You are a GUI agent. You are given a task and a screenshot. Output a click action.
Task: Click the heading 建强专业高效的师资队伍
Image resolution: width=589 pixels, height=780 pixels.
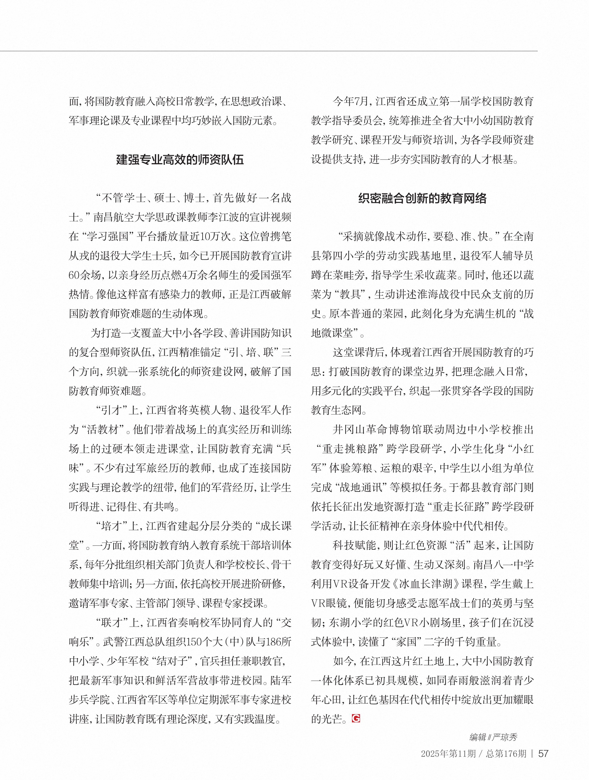180,160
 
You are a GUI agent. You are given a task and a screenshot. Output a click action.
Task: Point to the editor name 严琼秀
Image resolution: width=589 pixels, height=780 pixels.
505,737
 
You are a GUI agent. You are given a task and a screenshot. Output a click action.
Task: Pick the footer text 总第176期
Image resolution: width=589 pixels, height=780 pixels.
506,754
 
